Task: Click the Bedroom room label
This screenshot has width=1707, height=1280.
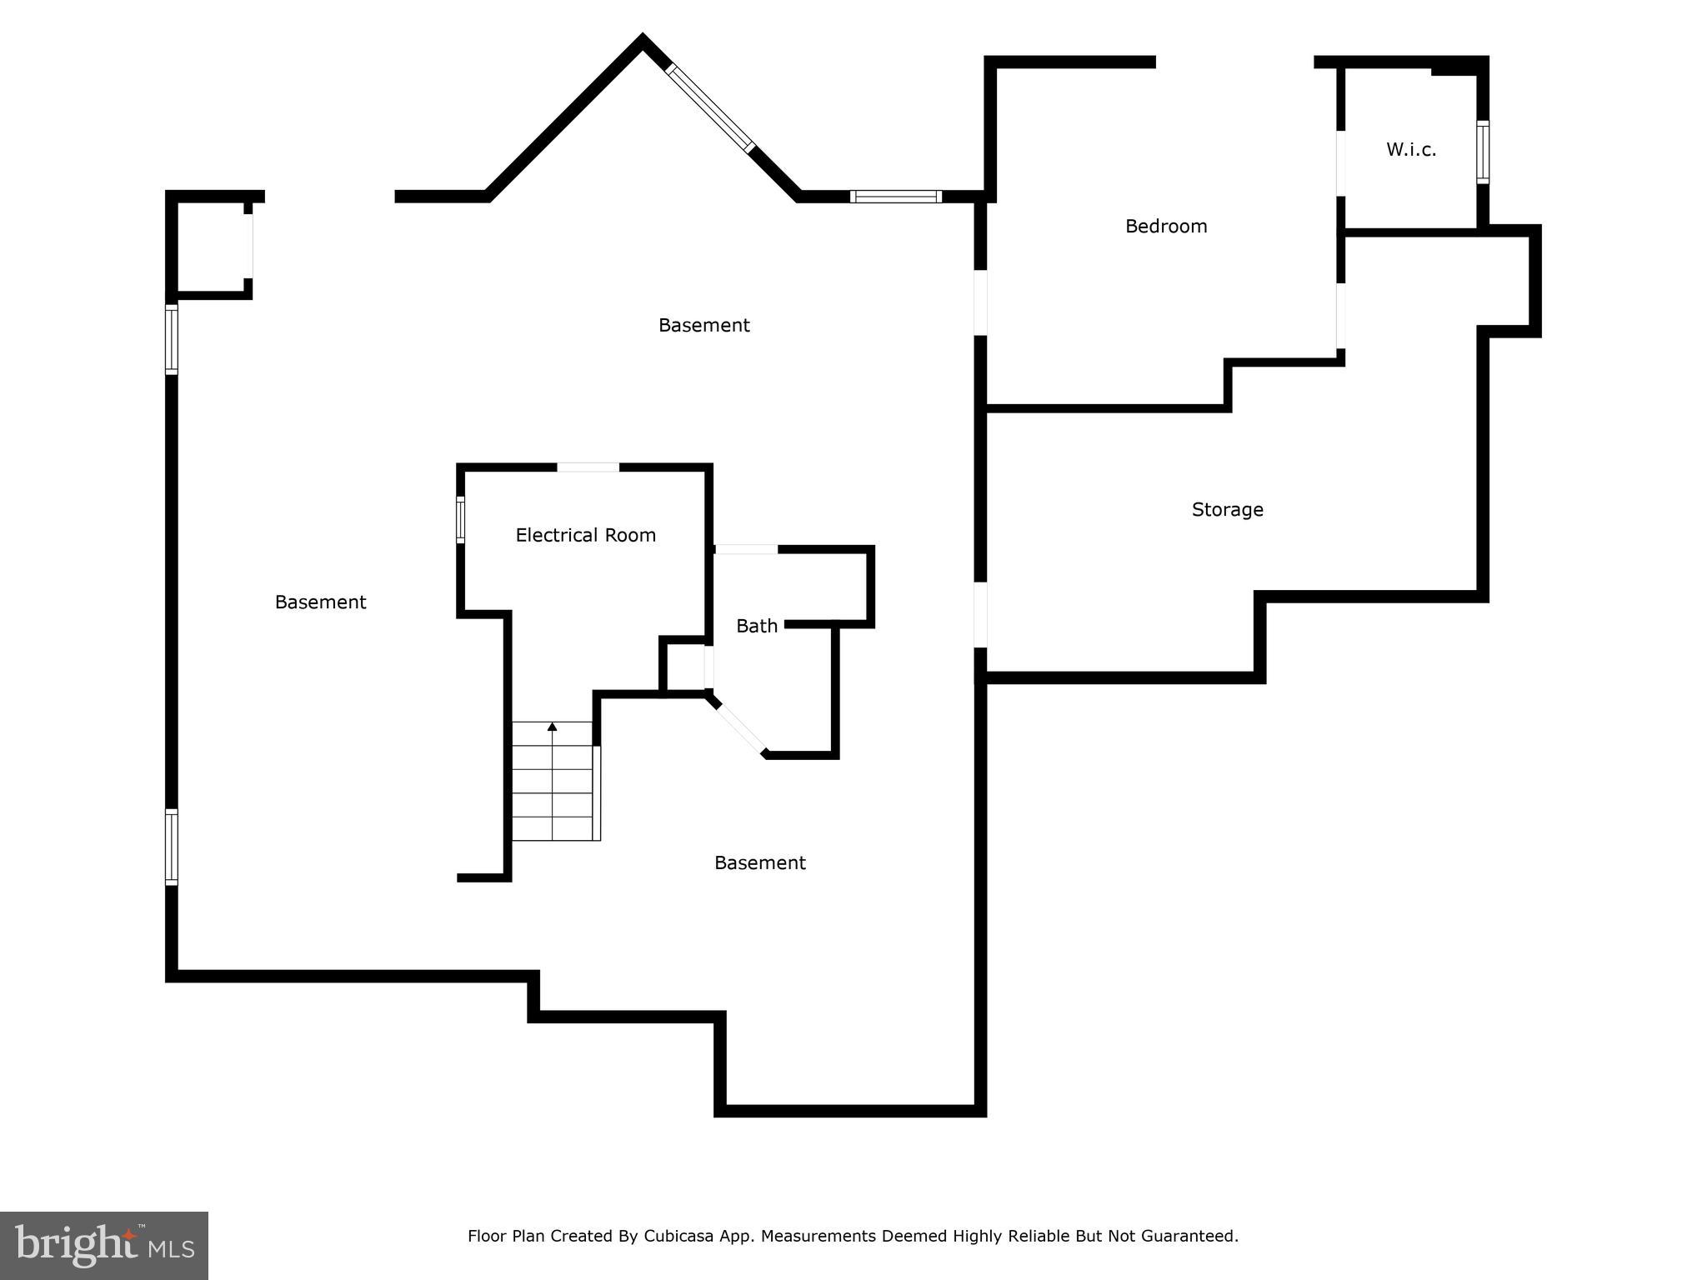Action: point(1165,226)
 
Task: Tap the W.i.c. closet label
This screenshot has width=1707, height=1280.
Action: point(1410,150)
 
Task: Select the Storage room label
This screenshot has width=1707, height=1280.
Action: point(1227,509)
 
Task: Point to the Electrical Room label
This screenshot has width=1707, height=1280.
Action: point(585,535)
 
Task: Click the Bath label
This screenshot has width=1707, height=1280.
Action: point(756,626)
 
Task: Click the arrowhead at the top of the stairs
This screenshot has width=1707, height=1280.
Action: point(552,727)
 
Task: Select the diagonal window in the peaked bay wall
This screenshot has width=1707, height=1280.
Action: point(710,108)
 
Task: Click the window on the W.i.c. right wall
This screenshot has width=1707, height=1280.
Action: point(1483,152)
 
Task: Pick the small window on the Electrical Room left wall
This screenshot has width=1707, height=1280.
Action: point(460,520)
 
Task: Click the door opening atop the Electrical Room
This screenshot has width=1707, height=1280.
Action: point(588,467)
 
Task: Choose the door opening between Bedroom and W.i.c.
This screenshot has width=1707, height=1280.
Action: point(1340,163)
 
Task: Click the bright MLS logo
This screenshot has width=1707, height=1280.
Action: point(104,1246)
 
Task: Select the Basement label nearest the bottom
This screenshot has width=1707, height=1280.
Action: point(759,862)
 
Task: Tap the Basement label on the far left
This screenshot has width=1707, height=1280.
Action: point(320,602)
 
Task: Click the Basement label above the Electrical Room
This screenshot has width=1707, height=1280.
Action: point(703,325)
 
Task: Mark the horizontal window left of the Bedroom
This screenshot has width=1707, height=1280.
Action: point(896,197)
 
